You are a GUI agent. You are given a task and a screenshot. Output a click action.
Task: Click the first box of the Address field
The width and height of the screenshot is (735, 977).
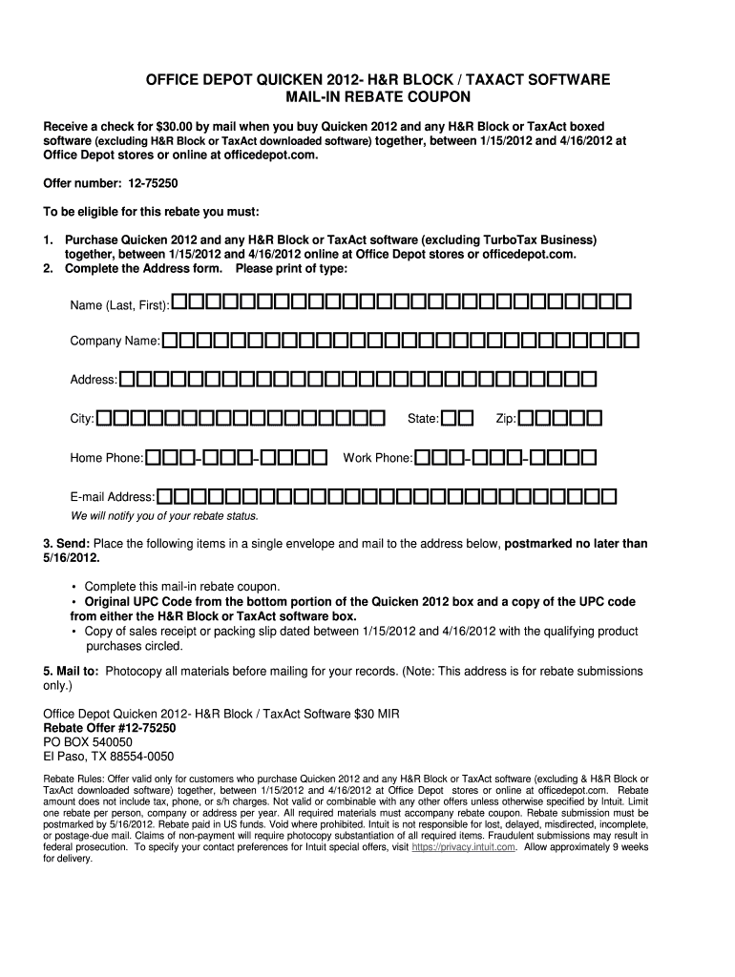click(x=127, y=380)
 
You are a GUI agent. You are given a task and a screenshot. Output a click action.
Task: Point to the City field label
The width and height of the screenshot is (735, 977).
click(x=81, y=419)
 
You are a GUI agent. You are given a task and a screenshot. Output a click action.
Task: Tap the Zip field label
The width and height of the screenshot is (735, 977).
click(x=506, y=419)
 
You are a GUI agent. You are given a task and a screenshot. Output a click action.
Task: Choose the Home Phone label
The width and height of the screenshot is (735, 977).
click(x=106, y=458)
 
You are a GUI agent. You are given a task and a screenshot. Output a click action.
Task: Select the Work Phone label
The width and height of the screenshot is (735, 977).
click(x=377, y=458)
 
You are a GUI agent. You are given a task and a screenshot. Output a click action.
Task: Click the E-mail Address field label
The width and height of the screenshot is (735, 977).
click(x=112, y=497)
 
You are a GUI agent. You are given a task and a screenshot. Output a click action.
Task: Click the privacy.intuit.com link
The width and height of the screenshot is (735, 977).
click(x=464, y=846)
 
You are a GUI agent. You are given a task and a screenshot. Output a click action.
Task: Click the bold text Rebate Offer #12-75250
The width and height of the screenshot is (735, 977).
click(x=110, y=727)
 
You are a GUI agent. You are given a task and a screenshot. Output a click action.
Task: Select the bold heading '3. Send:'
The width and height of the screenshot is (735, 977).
click(x=67, y=544)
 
